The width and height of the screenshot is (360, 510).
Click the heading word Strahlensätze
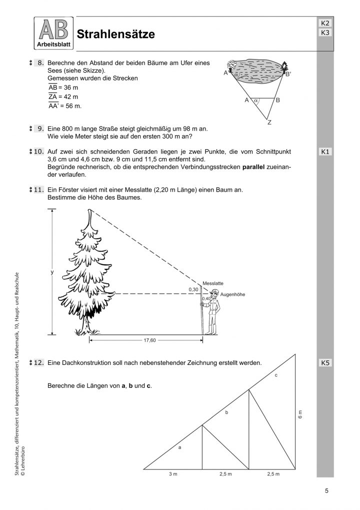click(x=115, y=34)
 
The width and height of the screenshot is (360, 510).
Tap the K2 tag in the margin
click(x=324, y=24)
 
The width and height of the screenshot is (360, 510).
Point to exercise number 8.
click(x=41, y=63)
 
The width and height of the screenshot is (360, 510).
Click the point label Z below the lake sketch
click(x=269, y=122)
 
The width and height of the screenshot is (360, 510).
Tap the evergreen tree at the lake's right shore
click(x=285, y=67)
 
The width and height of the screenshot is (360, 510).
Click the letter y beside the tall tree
click(x=51, y=272)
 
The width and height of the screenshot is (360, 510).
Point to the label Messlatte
click(x=212, y=283)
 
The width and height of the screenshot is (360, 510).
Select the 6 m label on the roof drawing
click(x=300, y=415)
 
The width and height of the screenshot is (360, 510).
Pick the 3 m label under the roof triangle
click(x=172, y=473)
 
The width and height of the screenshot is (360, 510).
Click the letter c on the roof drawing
click(x=276, y=375)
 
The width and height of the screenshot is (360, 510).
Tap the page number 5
click(x=326, y=491)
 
